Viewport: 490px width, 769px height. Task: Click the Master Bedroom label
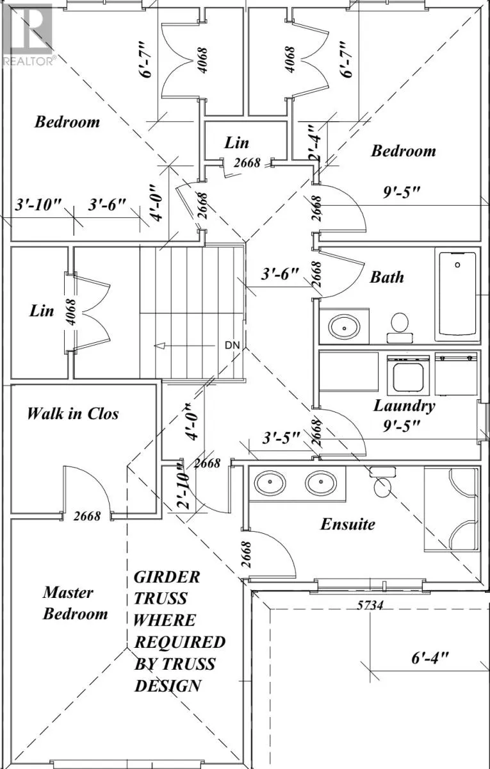75,604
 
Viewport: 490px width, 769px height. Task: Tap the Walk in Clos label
72,413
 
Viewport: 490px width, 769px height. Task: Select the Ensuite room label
347,524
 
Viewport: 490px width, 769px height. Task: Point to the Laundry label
404,405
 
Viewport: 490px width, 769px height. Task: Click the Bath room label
387,277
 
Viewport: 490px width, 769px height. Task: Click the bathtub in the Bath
457,295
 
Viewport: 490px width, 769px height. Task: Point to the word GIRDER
167,576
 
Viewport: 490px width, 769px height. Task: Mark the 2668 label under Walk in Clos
87,515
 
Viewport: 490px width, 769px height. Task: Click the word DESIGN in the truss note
167,685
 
